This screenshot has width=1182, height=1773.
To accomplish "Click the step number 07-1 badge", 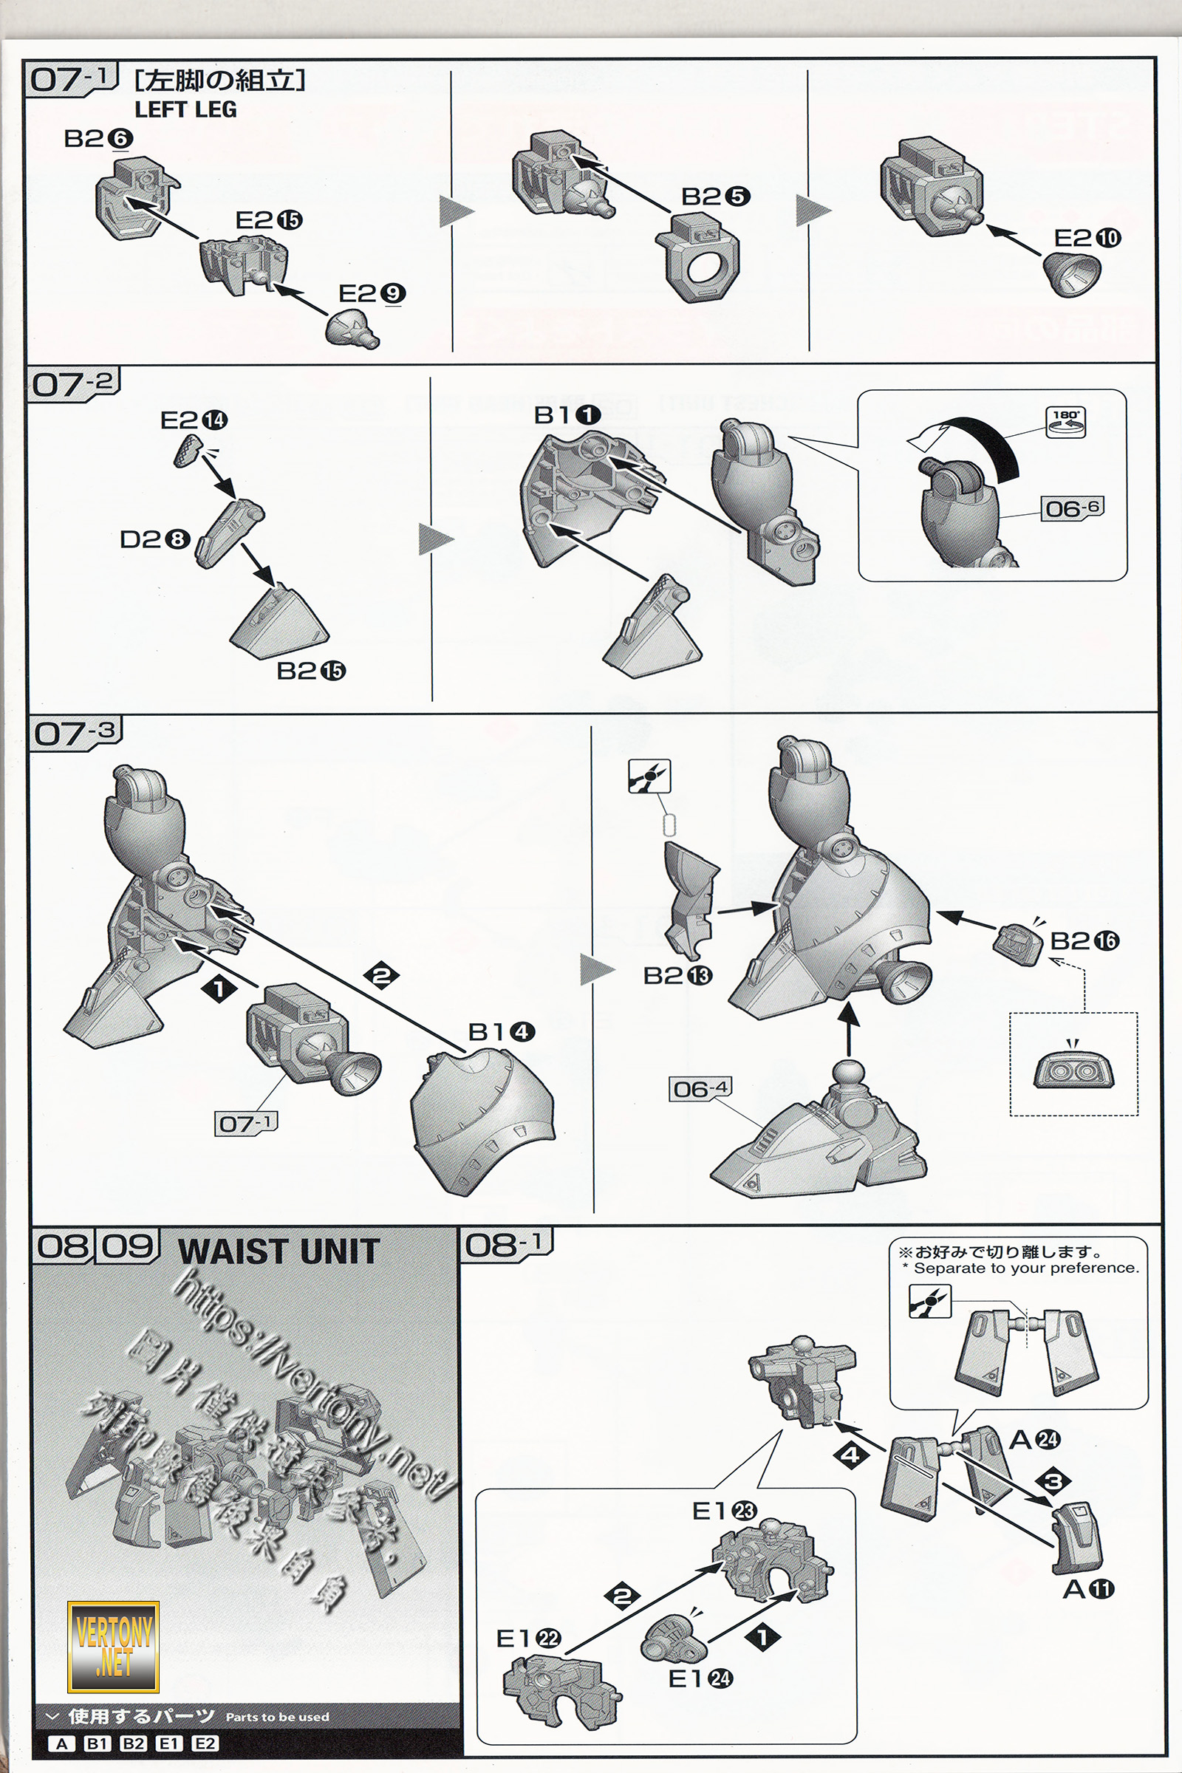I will click(x=72, y=79).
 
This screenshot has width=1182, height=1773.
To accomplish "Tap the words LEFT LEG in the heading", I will click(x=185, y=110).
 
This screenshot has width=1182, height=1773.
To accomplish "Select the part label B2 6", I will click(x=98, y=139).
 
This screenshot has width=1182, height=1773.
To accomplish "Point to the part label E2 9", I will click(x=372, y=293).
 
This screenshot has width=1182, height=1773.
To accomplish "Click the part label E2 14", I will click(x=194, y=420).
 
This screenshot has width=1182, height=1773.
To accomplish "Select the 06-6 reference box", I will click(x=1071, y=508).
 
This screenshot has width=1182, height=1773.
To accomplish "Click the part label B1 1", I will click(x=567, y=415).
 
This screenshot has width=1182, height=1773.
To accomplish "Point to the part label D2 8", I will click(x=154, y=540).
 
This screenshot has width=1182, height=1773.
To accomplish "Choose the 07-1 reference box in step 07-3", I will click(x=246, y=1123).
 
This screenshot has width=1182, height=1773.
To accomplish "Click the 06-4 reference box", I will click(x=700, y=1088).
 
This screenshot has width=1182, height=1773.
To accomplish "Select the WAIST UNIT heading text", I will click(x=279, y=1252).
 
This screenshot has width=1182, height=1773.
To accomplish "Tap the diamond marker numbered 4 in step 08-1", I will click(x=850, y=1454).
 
